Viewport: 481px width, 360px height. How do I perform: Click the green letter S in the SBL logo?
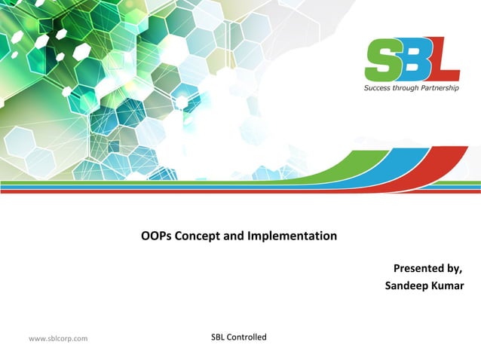[382, 60]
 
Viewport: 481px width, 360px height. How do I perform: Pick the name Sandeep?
[406, 285]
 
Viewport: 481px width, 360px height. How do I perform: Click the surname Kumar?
[447, 285]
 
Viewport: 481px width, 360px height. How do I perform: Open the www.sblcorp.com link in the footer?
[58, 338]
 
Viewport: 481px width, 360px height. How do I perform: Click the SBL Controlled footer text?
[239, 337]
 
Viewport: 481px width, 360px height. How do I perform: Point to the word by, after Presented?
[455, 269]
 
